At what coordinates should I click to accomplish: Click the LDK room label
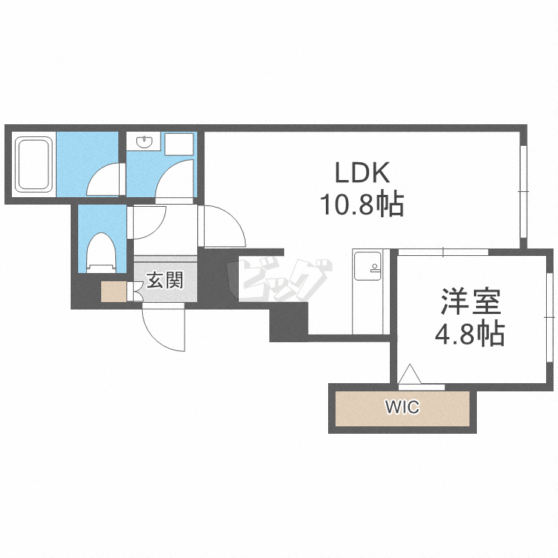[362, 173]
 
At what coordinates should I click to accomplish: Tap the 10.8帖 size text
[362, 205]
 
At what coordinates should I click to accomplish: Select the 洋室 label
[471, 301]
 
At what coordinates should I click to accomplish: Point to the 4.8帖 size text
[469, 334]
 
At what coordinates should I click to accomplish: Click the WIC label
[403, 407]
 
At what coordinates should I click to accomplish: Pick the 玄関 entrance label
[165, 280]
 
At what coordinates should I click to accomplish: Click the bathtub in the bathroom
[33, 164]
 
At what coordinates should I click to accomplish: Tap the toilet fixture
[101, 253]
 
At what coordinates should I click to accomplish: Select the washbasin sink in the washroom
[144, 141]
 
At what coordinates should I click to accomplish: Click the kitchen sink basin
[368, 266]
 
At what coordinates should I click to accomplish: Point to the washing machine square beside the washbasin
[179, 144]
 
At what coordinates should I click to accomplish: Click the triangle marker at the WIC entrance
[410, 374]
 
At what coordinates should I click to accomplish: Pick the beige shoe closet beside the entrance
[114, 292]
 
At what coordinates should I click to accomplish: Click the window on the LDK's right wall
[523, 191]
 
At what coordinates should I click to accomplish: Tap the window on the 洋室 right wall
[550, 316]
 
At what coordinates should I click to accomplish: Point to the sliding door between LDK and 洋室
[443, 252]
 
